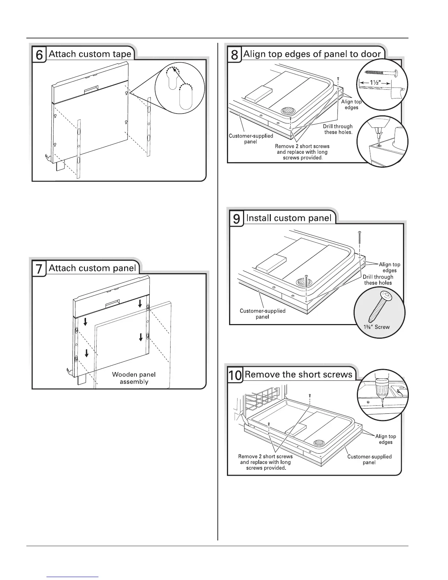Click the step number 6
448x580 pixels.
click(x=40, y=55)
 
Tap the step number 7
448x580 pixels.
click(x=39, y=269)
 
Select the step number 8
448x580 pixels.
click(x=235, y=55)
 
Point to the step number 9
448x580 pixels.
click(x=237, y=219)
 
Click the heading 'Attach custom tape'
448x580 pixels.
click(x=90, y=54)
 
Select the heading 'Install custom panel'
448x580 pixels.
click(x=289, y=218)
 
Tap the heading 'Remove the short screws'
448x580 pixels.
click(x=299, y=375)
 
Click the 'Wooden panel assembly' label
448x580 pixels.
click(x=134, y=378)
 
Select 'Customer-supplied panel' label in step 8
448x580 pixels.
click(x=251, y=139)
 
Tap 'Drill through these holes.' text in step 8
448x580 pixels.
click(x=338, y=129)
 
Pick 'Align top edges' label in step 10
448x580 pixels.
click(x=386, y=439)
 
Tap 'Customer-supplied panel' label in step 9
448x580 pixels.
click(x=262, y=314)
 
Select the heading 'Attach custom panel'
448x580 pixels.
click(x=92, y=268)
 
